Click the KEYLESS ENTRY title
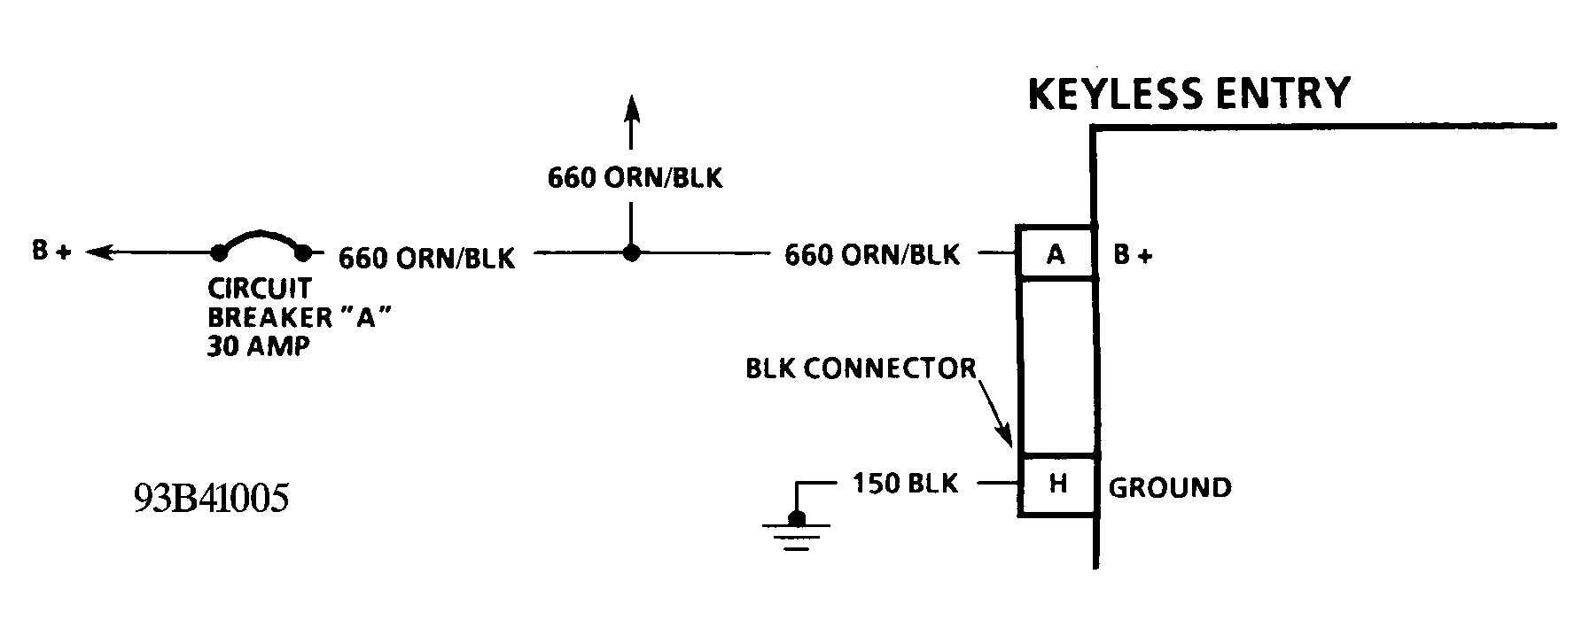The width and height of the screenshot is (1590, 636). (x=1189, y=93)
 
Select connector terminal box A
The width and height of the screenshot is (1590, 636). (x=1055, y=254)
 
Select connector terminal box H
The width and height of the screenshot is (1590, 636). (x=1056, y=485)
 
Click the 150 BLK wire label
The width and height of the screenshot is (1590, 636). (x=905, y=484)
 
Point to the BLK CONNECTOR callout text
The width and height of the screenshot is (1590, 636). (x=861, y=368)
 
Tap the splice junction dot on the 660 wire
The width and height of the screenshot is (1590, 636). (x=630, y=253)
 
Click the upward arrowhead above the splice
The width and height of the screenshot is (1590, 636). (x=630, y=108)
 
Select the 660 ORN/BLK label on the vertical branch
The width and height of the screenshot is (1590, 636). (x=635, y=178)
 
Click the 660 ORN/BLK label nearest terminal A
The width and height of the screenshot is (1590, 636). (x=871, y=255)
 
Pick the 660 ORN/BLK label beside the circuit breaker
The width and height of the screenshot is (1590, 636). (x=426, y=258)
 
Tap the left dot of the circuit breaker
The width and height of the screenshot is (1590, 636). (x=219, y=253)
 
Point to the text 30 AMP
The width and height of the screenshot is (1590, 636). (x=259, y=346)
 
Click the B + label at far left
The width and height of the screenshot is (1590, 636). (x=51, y=252)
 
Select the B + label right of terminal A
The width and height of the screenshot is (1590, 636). (x=1133, y=256)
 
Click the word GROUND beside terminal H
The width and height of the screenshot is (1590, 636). (x=1170, y=487)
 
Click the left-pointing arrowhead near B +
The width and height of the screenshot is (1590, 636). (x=98, y=253)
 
